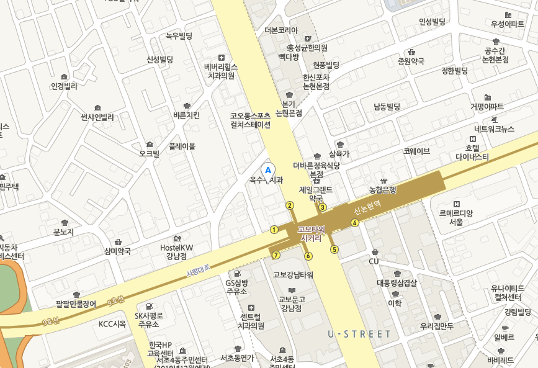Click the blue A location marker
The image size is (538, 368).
(x=268, y=168)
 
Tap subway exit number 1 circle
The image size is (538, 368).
(x=274, y=230)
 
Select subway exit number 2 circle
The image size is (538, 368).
(x=289, y=205)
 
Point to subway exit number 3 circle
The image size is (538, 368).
(x=323, y=207)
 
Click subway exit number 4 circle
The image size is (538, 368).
(x=355, y=223)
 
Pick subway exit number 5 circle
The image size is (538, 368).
(x=334, y=249)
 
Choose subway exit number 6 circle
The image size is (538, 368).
(x=308, y=256)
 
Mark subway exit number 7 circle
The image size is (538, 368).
(x=276, y=255)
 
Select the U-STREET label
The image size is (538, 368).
(x=360, y=334)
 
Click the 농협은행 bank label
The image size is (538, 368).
(x=382, y=190)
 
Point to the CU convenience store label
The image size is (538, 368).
(x=374, y=261)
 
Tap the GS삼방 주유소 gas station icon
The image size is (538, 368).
(x=236, y=273)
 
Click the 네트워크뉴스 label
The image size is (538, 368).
(x=494, y=129)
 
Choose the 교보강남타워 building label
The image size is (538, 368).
(x=293, y=274)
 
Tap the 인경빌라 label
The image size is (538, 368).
(x=64, y=86)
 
